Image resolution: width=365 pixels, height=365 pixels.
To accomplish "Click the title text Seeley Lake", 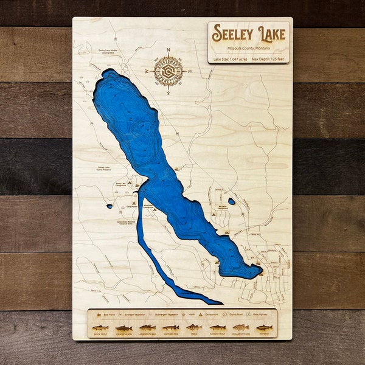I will (248, 34).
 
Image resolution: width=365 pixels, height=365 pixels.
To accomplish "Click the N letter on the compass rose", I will (169, 52).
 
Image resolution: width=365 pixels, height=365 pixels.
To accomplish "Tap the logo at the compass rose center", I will (169, 72).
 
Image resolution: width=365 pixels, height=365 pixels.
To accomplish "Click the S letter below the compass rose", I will (169, 92).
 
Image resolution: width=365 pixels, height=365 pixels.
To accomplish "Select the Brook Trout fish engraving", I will (100, 327).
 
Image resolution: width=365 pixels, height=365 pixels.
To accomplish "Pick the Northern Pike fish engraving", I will (170, 327).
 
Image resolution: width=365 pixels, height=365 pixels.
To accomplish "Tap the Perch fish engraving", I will (193, 327).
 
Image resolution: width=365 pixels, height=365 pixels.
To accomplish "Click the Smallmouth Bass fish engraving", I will (240, 327).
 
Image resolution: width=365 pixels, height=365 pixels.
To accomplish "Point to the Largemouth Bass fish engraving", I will (147, 327).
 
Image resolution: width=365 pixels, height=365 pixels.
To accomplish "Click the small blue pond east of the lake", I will (231, 201).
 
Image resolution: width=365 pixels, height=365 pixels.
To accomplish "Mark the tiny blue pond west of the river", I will (109, 206).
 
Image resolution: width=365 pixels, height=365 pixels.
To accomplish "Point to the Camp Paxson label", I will (131, 206).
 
